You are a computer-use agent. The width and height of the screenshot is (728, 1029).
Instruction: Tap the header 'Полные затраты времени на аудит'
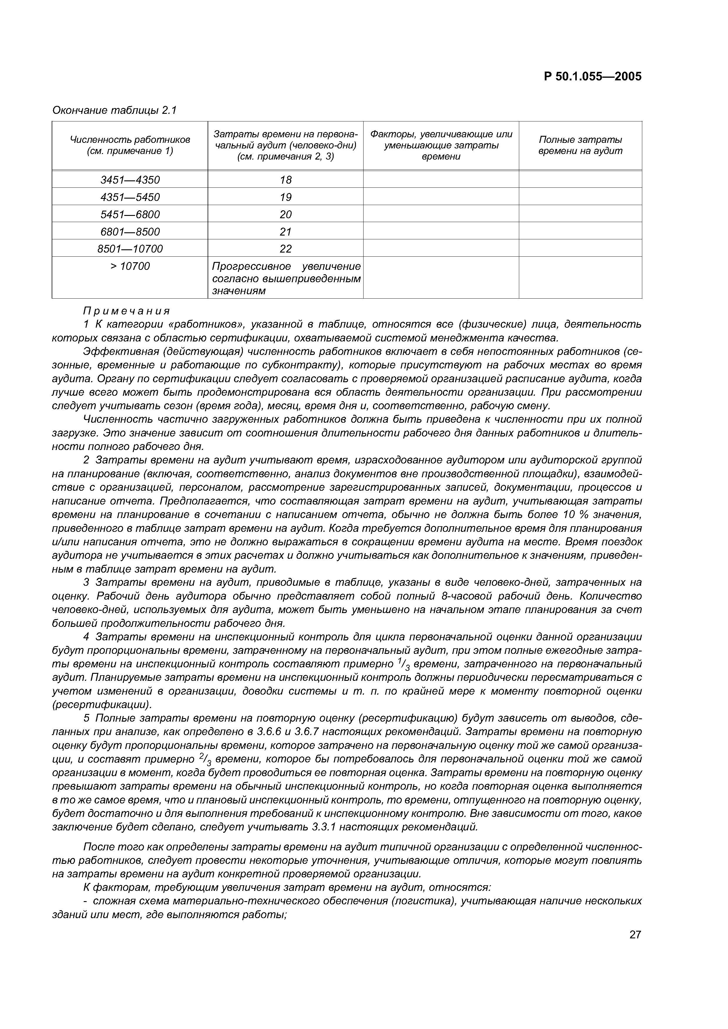tap(580, 145)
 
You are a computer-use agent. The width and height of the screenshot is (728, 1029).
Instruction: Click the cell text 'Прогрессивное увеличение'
tap(286, 266)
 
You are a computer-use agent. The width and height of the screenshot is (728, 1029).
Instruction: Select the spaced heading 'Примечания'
tap(127, 311)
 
